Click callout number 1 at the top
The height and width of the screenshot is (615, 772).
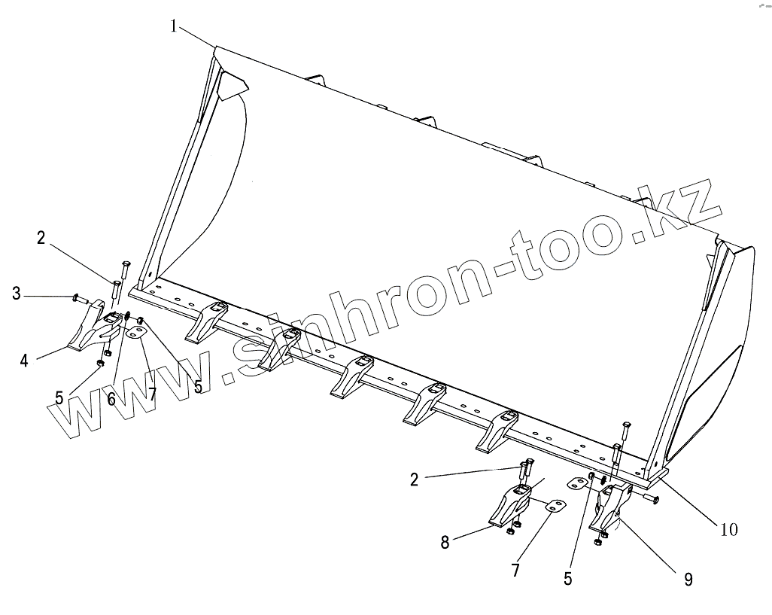(174, 27)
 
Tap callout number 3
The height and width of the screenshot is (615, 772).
(16, 293)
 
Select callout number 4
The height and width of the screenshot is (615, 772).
(24, 361)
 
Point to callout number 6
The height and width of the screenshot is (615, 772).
(111, 399)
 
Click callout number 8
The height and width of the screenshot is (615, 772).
(445, 541)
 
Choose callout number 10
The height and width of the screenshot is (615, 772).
(728, 529)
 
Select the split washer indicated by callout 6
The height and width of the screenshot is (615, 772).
(128, 315)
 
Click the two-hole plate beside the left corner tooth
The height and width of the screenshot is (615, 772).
(136, 332)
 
